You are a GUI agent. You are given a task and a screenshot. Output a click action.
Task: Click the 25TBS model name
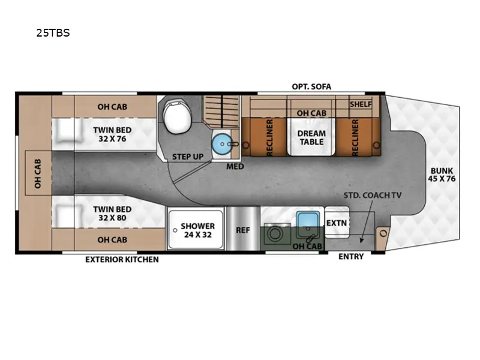coord(53,33)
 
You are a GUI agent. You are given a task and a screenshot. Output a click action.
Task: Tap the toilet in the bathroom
coord(176,116)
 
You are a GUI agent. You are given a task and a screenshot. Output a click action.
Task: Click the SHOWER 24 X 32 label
coord(197,231)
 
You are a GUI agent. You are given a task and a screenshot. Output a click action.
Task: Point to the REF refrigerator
coord(242,229)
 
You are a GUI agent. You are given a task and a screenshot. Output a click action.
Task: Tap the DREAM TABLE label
coord(311,137)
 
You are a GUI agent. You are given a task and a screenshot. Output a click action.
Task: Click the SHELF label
coord(361,104)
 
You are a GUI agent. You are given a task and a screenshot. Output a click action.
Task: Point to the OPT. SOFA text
coord(311,86)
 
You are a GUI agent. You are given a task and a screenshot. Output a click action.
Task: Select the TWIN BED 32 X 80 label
coord(112,213)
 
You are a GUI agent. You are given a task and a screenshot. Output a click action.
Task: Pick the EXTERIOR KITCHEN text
coord(122,259)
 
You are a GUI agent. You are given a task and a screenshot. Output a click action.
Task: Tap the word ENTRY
coord(351,257)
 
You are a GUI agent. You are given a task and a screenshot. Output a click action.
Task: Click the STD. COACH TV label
coord(372,196)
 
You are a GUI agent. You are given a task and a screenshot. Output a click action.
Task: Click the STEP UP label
coord(187,157)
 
